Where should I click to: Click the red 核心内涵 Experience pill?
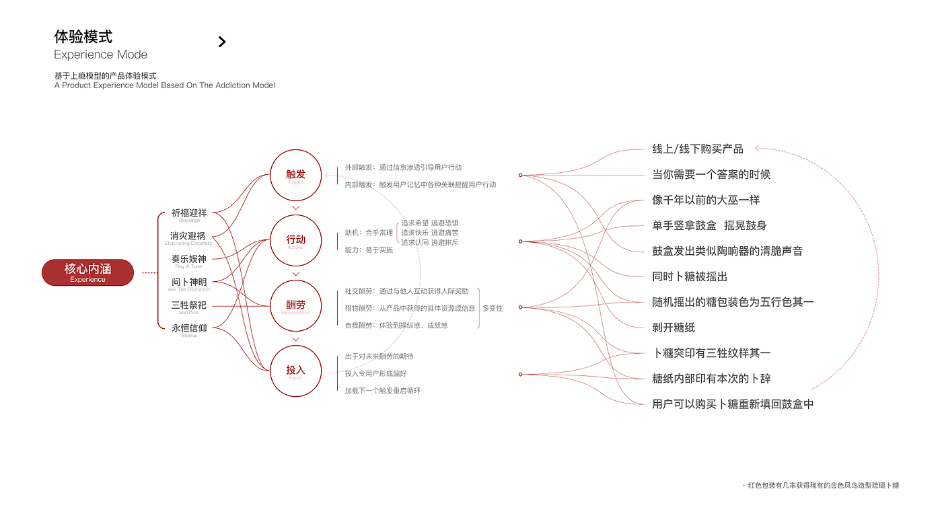(87, 272)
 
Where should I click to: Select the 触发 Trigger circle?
(295, 175)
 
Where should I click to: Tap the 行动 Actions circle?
(295, 240)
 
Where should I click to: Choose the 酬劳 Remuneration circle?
(295, 305)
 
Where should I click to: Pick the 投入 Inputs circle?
(295, 371)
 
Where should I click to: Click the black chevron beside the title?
(222, 42)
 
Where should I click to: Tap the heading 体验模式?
(83, 36)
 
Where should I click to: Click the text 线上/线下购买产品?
(698, 149)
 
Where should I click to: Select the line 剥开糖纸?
(674, 328)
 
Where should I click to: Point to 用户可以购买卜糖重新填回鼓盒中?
(733, 404)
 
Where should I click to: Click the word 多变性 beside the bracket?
(493, 308)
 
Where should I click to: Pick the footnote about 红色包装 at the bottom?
(822, 485)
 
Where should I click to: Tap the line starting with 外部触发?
(403, 167)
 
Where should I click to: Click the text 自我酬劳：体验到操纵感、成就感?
(396, 326)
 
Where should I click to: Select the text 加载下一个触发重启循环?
(382, 391)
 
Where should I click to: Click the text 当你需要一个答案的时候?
(711, 175)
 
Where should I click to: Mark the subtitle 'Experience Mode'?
(100, 54)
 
